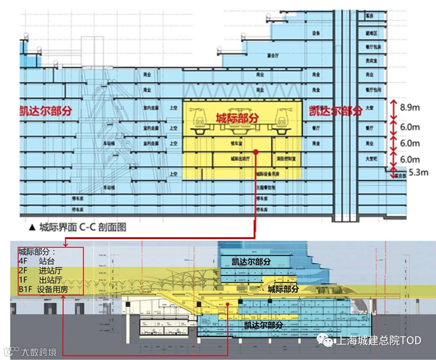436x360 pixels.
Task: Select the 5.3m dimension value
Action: click(x=418, y=173)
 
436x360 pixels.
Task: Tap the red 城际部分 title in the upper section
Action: click(x=237, y=118)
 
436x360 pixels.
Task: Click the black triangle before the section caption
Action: click(x=32, y=227)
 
